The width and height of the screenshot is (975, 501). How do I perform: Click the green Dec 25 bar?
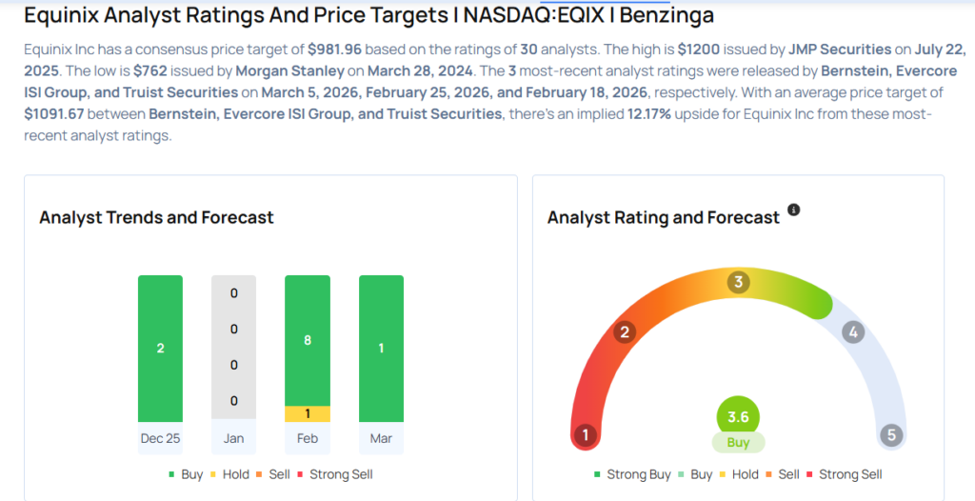[x=160, y=348]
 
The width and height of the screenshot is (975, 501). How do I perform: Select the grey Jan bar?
[x=233, y=348]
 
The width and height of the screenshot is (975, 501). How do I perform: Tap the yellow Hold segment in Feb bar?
[x=308, y=413]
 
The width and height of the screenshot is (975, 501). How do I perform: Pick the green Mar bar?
[x=381, y=348]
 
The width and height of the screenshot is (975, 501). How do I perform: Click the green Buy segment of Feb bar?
[x=308, y=340]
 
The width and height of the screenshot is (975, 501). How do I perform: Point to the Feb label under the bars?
[x=308, y=438]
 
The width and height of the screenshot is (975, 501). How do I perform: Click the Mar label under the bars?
[x=381, y=438]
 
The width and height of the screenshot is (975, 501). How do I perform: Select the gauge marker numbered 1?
[x=585, y=435]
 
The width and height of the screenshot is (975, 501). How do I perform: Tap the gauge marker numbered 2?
[x=626, y=331]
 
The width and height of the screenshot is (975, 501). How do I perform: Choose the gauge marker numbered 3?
[x=737, y=283]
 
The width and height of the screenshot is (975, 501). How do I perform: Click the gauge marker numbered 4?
[x=853, y=332]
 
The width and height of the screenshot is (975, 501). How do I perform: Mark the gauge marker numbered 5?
[x=891, y=435]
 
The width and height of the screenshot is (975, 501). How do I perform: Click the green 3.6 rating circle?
[x=738, y=416]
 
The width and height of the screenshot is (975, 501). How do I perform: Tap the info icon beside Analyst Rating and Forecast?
[x=794, y=210]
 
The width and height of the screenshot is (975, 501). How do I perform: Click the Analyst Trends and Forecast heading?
[x=156, y=218]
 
